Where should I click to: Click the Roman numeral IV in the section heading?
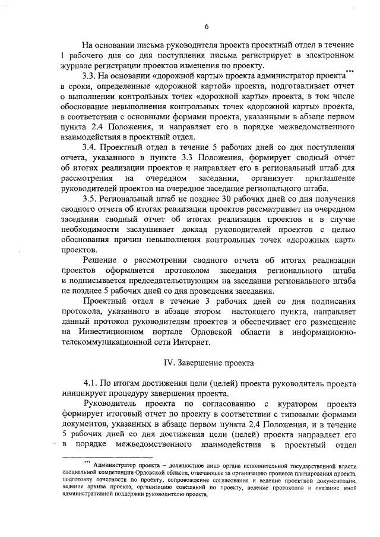tap(169, 362)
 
